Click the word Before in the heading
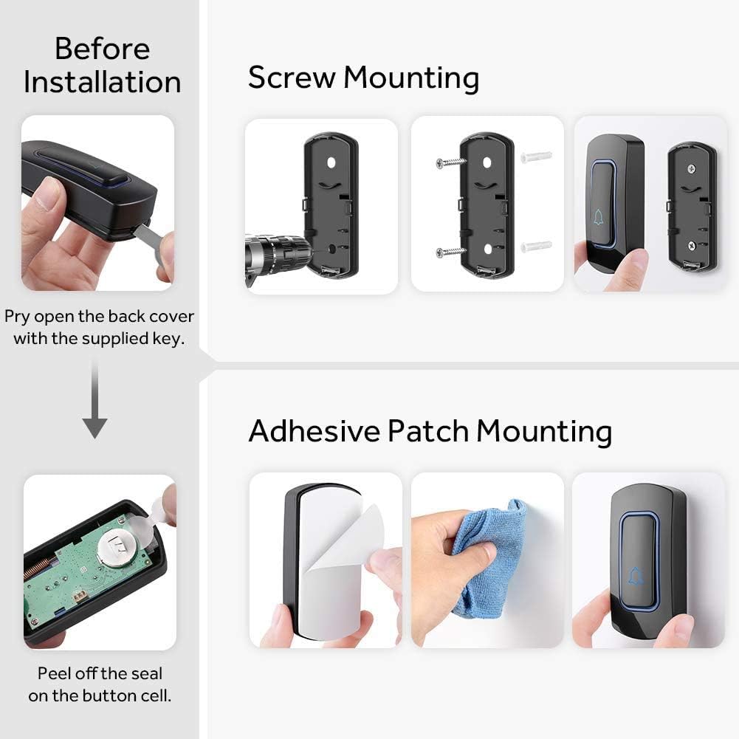pos(103,49)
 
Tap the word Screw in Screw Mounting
pos(292,77)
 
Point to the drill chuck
pos(278,254)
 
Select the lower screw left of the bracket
pos(450,252)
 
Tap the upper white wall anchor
pos(536,156)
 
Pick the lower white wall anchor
pos(536,246)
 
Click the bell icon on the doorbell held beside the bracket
pos(598,217)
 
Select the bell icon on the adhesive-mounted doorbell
pos(636,576)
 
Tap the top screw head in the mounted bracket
pos(691,168)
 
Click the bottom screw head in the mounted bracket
pos(692,245)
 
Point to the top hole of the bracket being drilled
pos(331,163)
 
